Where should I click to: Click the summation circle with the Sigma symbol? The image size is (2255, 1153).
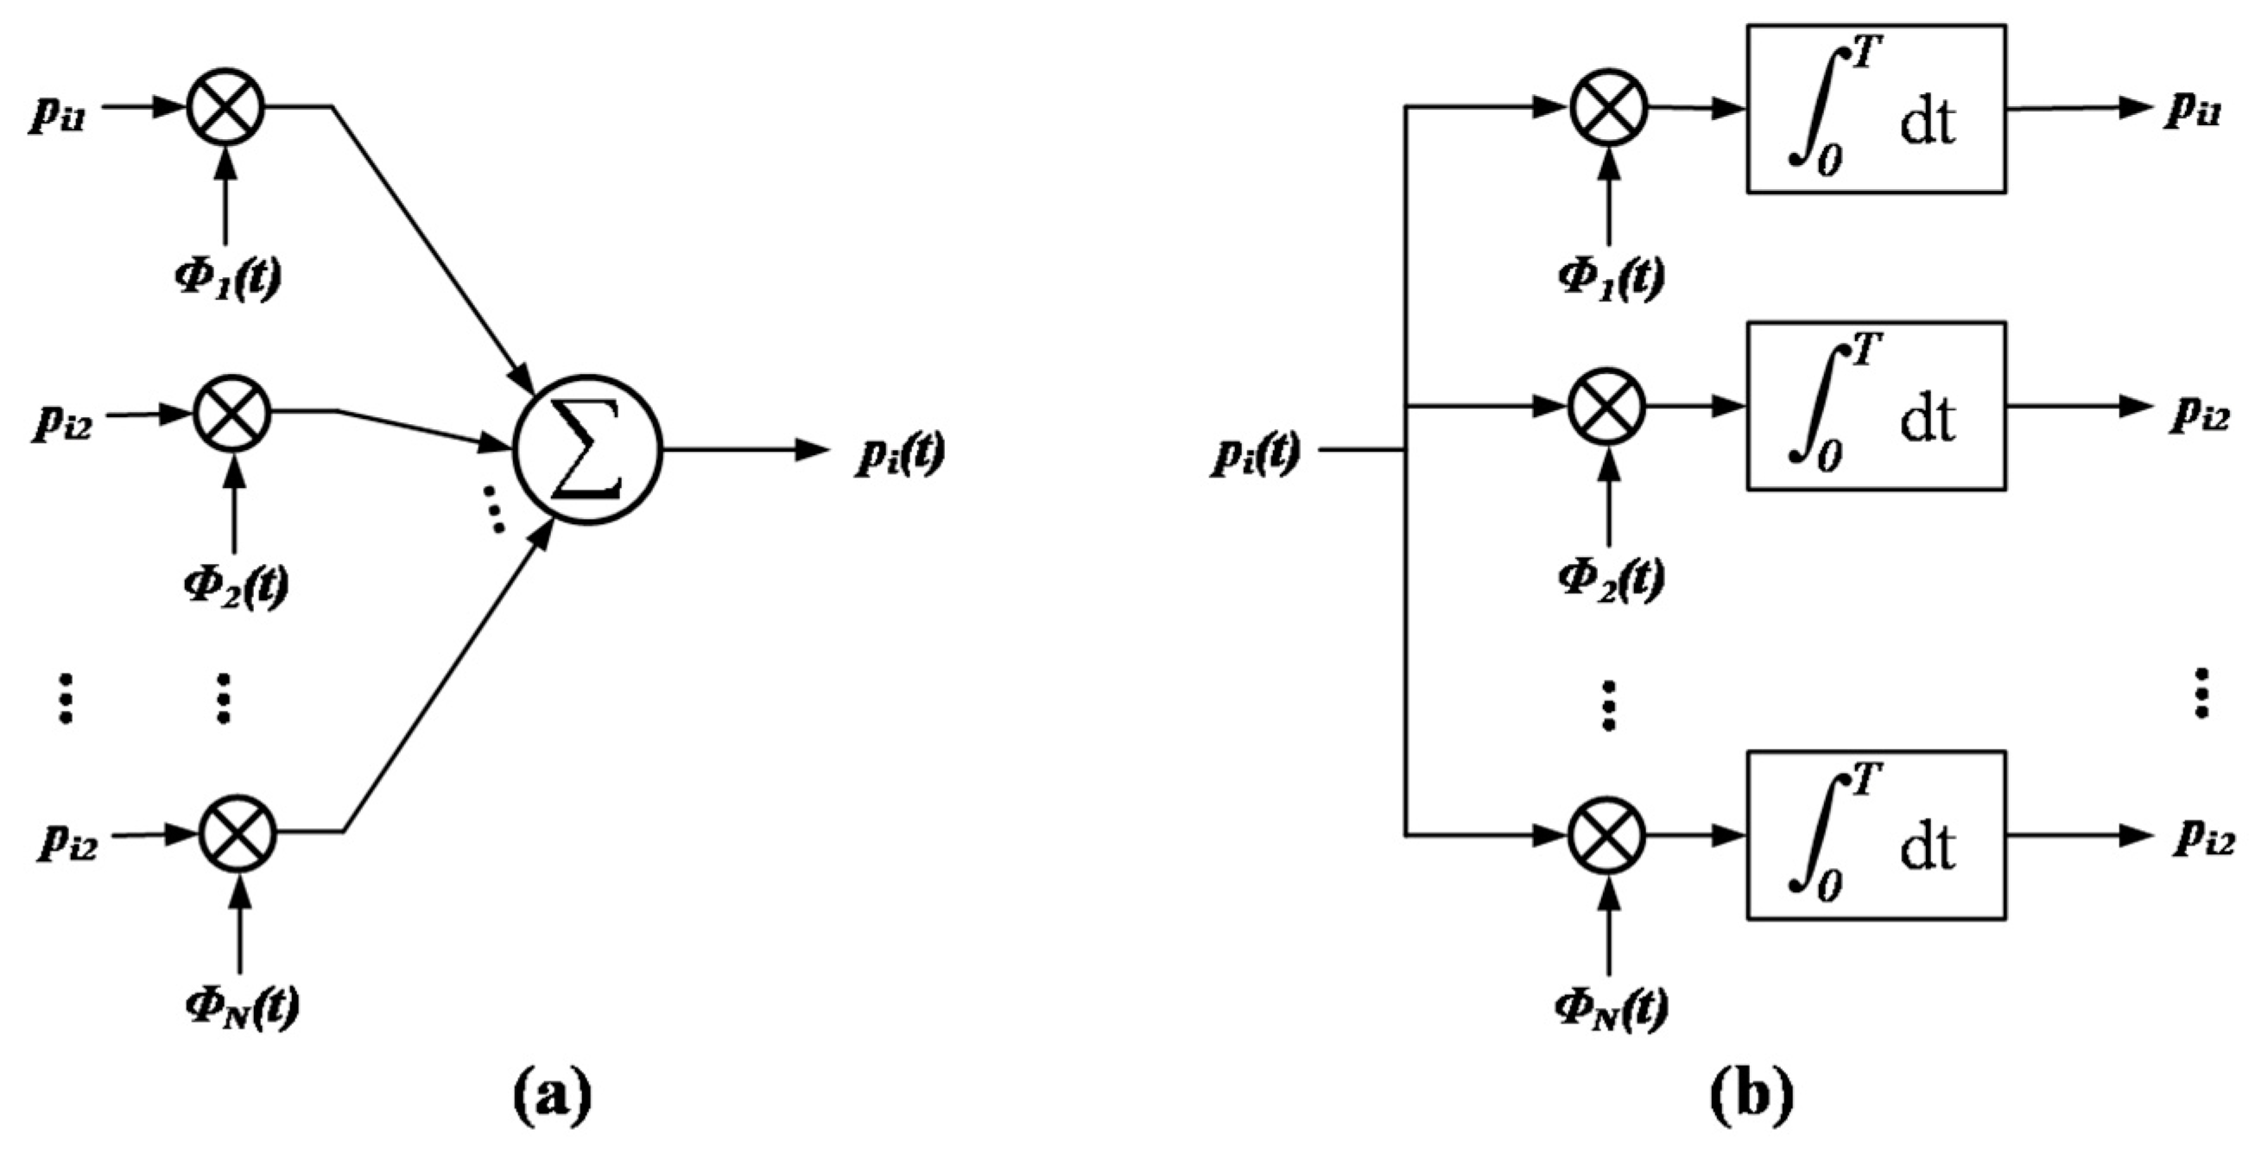[x=587, y=452]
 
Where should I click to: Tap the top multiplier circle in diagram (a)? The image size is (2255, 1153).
[x=226, y=107]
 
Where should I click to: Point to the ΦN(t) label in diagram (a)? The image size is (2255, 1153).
[x=242, y=1007]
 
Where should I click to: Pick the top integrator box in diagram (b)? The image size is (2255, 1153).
[x=1876, y=110]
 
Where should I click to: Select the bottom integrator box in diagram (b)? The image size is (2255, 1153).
[x=1876, y=835]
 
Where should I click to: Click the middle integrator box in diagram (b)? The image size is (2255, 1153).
[x=1876, y=406]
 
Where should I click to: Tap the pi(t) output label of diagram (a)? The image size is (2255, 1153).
[x=900, y=454]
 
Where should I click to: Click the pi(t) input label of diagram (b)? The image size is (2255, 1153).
[x=1255, y=454]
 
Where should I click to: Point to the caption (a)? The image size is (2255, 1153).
[x=552, y=1094]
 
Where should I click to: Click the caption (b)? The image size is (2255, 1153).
[x=1751, y=1094]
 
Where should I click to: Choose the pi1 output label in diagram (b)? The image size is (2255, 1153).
[x=2194, y=112]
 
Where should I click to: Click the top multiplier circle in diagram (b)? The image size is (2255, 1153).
[x=1609, y=108]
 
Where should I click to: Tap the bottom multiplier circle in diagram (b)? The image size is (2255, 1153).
[x=1607, y=835]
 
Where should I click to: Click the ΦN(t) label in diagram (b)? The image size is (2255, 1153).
[x=1611, y=1007]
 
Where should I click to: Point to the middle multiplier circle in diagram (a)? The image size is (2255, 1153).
[x=232, y=412]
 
